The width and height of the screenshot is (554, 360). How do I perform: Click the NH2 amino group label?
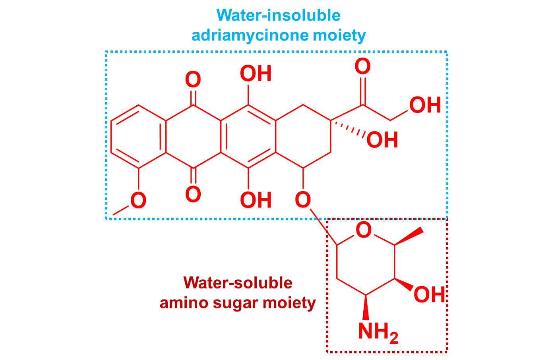(x=377, y=331)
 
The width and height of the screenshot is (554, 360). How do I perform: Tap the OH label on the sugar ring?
(x=429, y=295)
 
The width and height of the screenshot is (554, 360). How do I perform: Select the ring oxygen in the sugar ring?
(x=363, y=230)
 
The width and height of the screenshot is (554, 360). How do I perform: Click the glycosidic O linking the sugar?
(x=303, y=199)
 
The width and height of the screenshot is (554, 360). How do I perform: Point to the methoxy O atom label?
(x=138, y=201)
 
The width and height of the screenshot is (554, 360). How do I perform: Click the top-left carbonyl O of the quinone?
(x=193, y=80)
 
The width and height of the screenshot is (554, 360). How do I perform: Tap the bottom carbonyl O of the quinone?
(x=193, y=195)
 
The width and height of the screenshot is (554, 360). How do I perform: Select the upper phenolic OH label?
(x=256, y=74)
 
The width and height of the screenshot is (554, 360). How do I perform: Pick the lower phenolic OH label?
(x=256, y=200)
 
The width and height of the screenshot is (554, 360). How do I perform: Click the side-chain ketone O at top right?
(x=362, y=67)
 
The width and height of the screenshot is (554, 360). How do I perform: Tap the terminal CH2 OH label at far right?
(x=425, y=105)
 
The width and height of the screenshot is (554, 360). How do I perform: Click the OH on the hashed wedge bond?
(x=382, y=140)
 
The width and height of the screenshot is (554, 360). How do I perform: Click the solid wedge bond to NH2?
(x=366, y=307)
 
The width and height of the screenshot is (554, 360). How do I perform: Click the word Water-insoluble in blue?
(x=278, y=15)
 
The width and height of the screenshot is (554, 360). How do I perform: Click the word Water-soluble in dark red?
(x=238, y=283)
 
